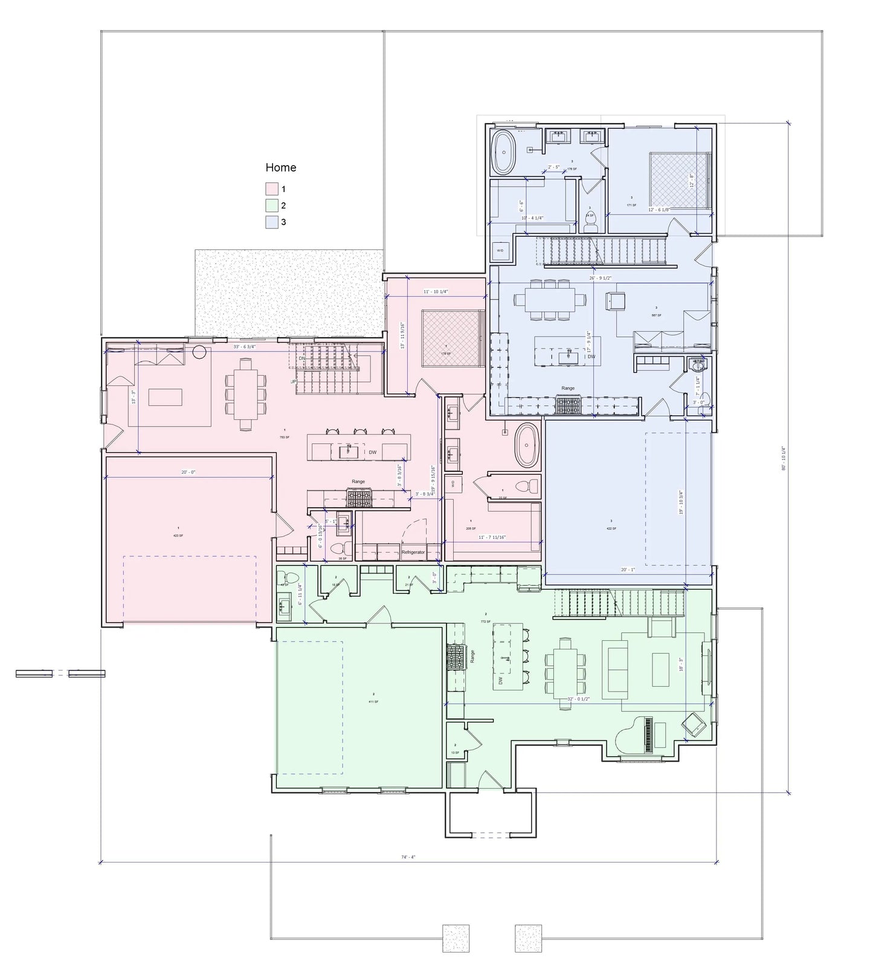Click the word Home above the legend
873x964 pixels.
pos(281,167)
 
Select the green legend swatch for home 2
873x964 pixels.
pos(271,205)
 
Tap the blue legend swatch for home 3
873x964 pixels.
pos(271,222)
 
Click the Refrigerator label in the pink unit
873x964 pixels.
pos(413,552)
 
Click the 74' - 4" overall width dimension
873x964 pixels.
pos(409,857)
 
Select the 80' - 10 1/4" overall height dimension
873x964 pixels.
pos(783,459)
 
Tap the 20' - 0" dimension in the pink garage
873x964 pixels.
pos(188,472)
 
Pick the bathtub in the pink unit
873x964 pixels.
pos(527,445)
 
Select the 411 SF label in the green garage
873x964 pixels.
pos(373,701)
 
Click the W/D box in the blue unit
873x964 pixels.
pos(501,249)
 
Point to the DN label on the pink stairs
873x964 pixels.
pos(302,358)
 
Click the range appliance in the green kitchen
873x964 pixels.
pos(454,657)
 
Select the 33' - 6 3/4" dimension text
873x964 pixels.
pos(245,347)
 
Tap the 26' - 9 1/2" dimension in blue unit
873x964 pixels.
pos(601,278)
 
